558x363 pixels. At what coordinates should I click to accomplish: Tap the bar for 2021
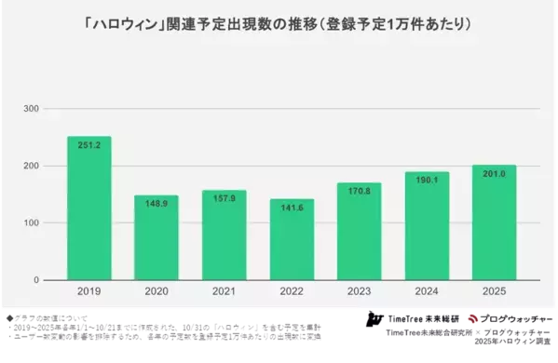pos(224,241)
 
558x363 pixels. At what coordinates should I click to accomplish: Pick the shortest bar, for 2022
pos(291,245)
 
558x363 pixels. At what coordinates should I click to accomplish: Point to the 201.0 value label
pos(494,173)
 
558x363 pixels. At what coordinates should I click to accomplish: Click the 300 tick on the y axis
pos(31,110)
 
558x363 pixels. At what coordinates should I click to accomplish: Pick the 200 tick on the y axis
pos(31,167)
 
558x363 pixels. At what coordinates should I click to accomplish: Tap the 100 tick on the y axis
pos(31,223)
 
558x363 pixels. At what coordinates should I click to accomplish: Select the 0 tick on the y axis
pos(36,280)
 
